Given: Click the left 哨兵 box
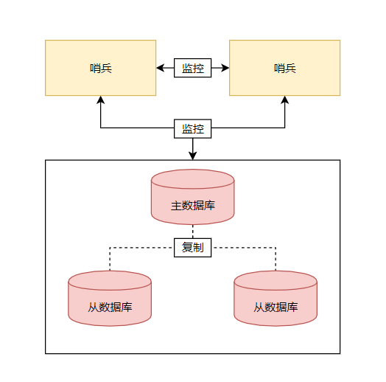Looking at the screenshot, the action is [100, 68].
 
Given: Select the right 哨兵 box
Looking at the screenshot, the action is [284, 68].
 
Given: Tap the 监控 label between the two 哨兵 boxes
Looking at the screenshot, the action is [192, 68].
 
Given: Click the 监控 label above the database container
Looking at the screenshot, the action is [192, 128].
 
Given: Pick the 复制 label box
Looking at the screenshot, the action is [192, 248].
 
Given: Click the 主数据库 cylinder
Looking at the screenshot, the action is [192, 197].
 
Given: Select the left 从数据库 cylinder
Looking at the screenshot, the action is [110, 299].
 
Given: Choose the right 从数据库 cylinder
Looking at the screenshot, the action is [276, 299].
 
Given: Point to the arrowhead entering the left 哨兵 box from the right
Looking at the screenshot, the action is [161, 68].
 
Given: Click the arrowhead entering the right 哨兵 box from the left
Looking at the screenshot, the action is [225, 68].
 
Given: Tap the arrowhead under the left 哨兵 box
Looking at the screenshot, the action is [100, 100].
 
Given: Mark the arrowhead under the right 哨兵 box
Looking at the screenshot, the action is [284, 100].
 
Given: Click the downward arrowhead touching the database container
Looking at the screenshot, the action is [192, 156].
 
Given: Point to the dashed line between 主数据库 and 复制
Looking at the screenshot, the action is [192, 232].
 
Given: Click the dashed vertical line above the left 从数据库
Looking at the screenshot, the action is [110, 259].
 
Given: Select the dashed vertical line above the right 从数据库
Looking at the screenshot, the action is [276, 259].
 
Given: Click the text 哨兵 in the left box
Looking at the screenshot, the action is [101, 69].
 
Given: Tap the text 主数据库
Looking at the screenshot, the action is [193, 206].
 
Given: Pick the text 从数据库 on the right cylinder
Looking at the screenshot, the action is [276, 307].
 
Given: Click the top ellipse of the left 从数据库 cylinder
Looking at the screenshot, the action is [110, 280].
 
